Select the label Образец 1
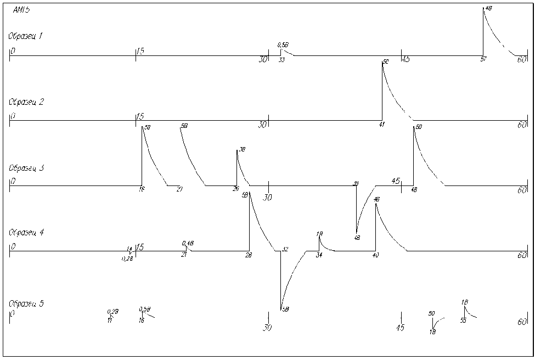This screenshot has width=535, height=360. [25, 36]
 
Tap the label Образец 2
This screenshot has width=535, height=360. [25, 102]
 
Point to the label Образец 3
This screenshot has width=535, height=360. [25, 167]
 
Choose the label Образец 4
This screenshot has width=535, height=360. [25, 233]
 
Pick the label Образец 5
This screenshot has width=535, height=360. [25, 303]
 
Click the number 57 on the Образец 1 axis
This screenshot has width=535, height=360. [483, 59]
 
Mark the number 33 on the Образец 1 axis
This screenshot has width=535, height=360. [281, 60]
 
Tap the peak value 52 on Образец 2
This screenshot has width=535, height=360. [386, 62]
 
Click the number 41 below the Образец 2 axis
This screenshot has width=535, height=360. [382, 125]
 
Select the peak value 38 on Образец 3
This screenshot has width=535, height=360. [241, 150]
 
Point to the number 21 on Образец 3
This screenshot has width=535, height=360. [179, 189]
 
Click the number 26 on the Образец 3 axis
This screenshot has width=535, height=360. [235, 189]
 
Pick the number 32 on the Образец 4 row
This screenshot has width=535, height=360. [285, 250]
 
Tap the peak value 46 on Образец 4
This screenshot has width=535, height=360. [376, 200]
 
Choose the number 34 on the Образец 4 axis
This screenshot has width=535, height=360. [319, 255]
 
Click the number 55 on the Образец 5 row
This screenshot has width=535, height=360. [463, 320]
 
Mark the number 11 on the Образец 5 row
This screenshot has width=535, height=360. [110, 320]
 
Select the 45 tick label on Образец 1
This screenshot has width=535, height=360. [406, 59]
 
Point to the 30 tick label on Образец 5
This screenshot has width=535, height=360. [268, 328]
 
